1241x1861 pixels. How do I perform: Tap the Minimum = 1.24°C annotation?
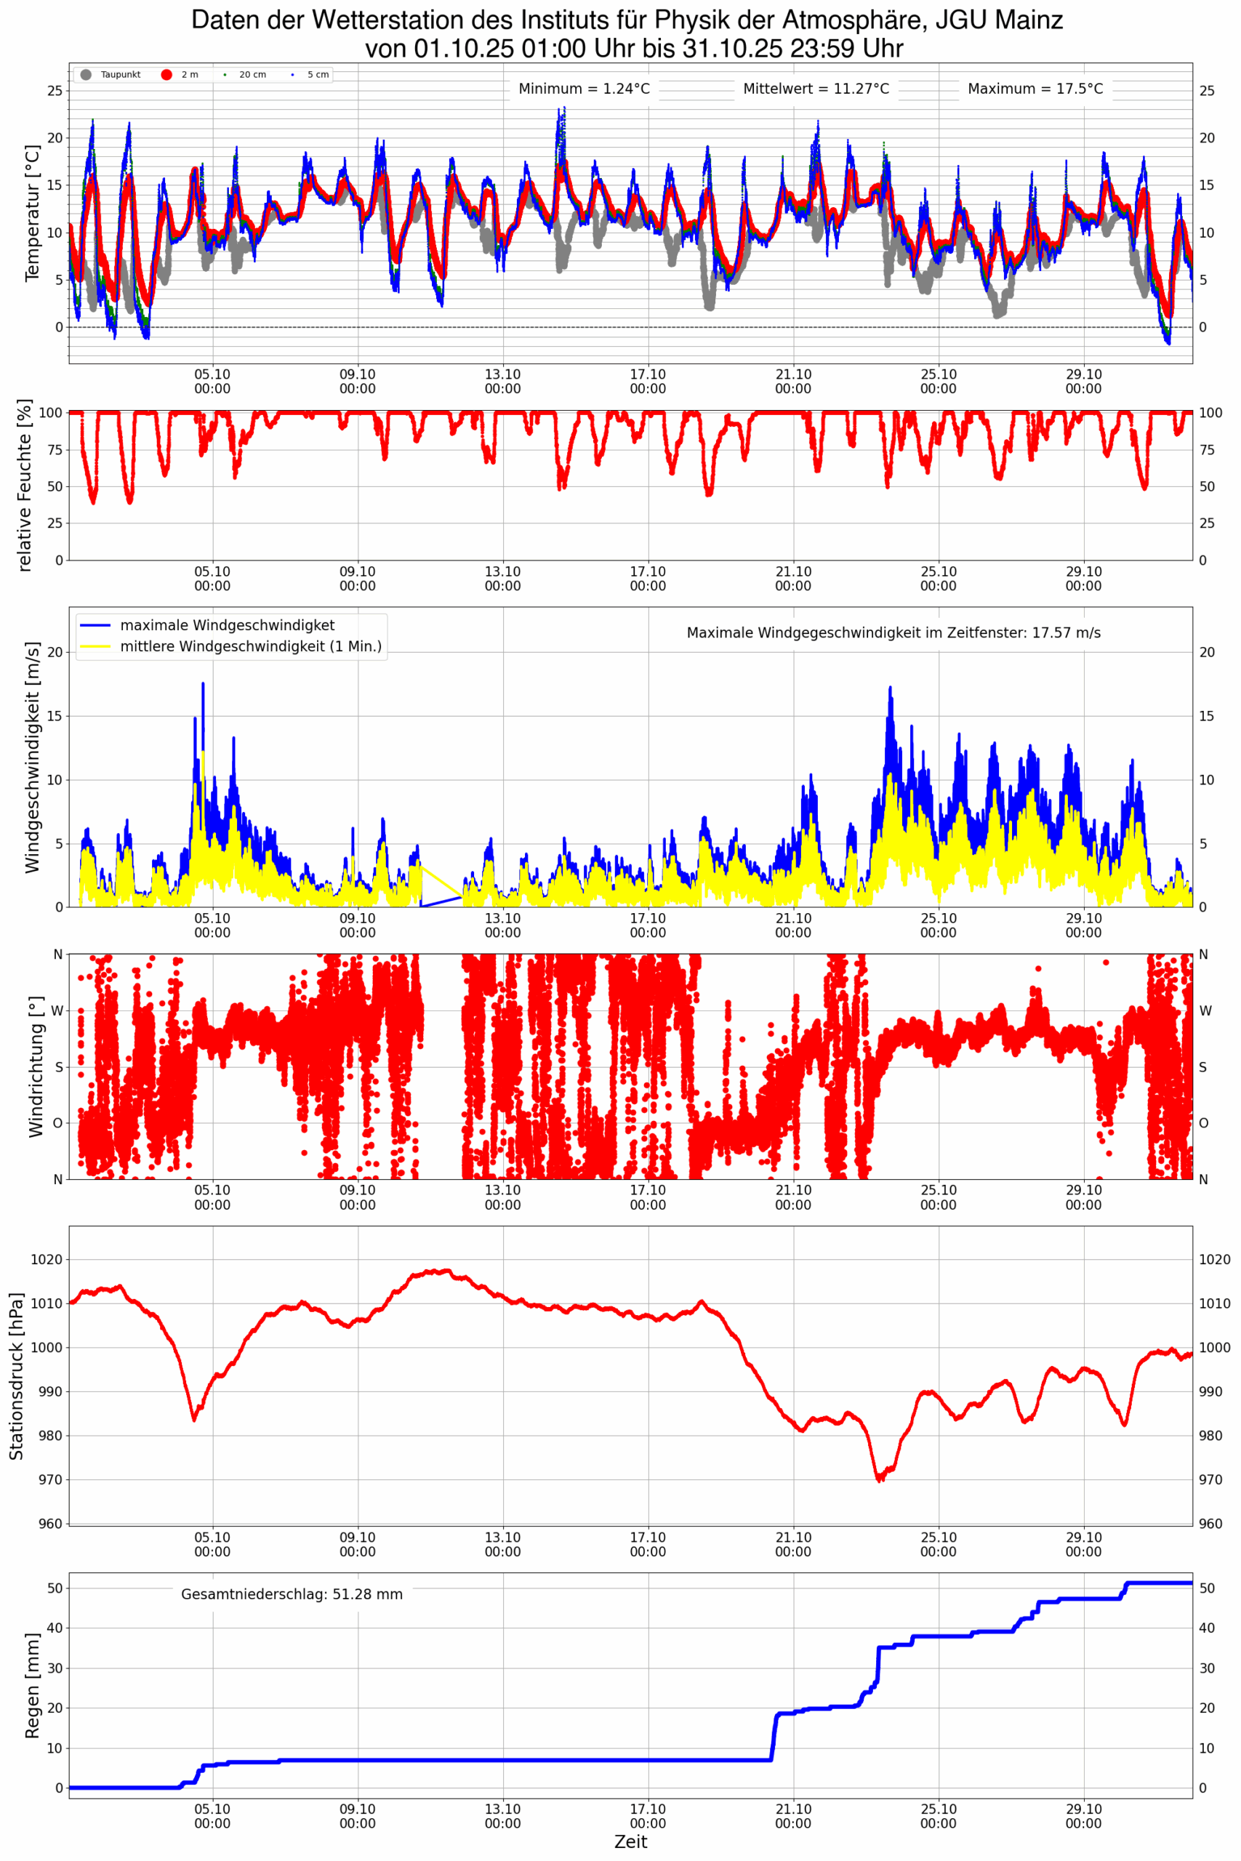(x=584, y=89)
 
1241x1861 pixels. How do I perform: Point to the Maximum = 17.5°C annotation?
(x=1035, y=89)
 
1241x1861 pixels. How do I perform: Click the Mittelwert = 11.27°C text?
(x=815, y=89)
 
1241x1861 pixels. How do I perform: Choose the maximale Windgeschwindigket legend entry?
(x=227, y=625)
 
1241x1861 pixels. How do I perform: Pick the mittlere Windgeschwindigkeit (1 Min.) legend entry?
(x=250, y=646)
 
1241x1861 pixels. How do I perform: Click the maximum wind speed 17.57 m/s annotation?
(x=893, y=633)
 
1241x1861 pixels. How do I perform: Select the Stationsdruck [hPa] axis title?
(x=17, y=1377)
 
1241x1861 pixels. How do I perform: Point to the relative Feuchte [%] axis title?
(x=25, y=485)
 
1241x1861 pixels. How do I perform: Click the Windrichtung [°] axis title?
(x=36, y=1066)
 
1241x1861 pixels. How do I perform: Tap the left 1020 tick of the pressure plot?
(x=46, y=1260)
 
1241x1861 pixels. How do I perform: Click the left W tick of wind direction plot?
(x=57, y=1010)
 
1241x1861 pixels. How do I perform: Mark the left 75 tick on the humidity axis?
(x=53, y=449)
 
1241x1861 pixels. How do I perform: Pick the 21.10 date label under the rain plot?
(x=792, y=1816)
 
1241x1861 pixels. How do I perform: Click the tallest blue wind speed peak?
(x=203, y=684)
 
